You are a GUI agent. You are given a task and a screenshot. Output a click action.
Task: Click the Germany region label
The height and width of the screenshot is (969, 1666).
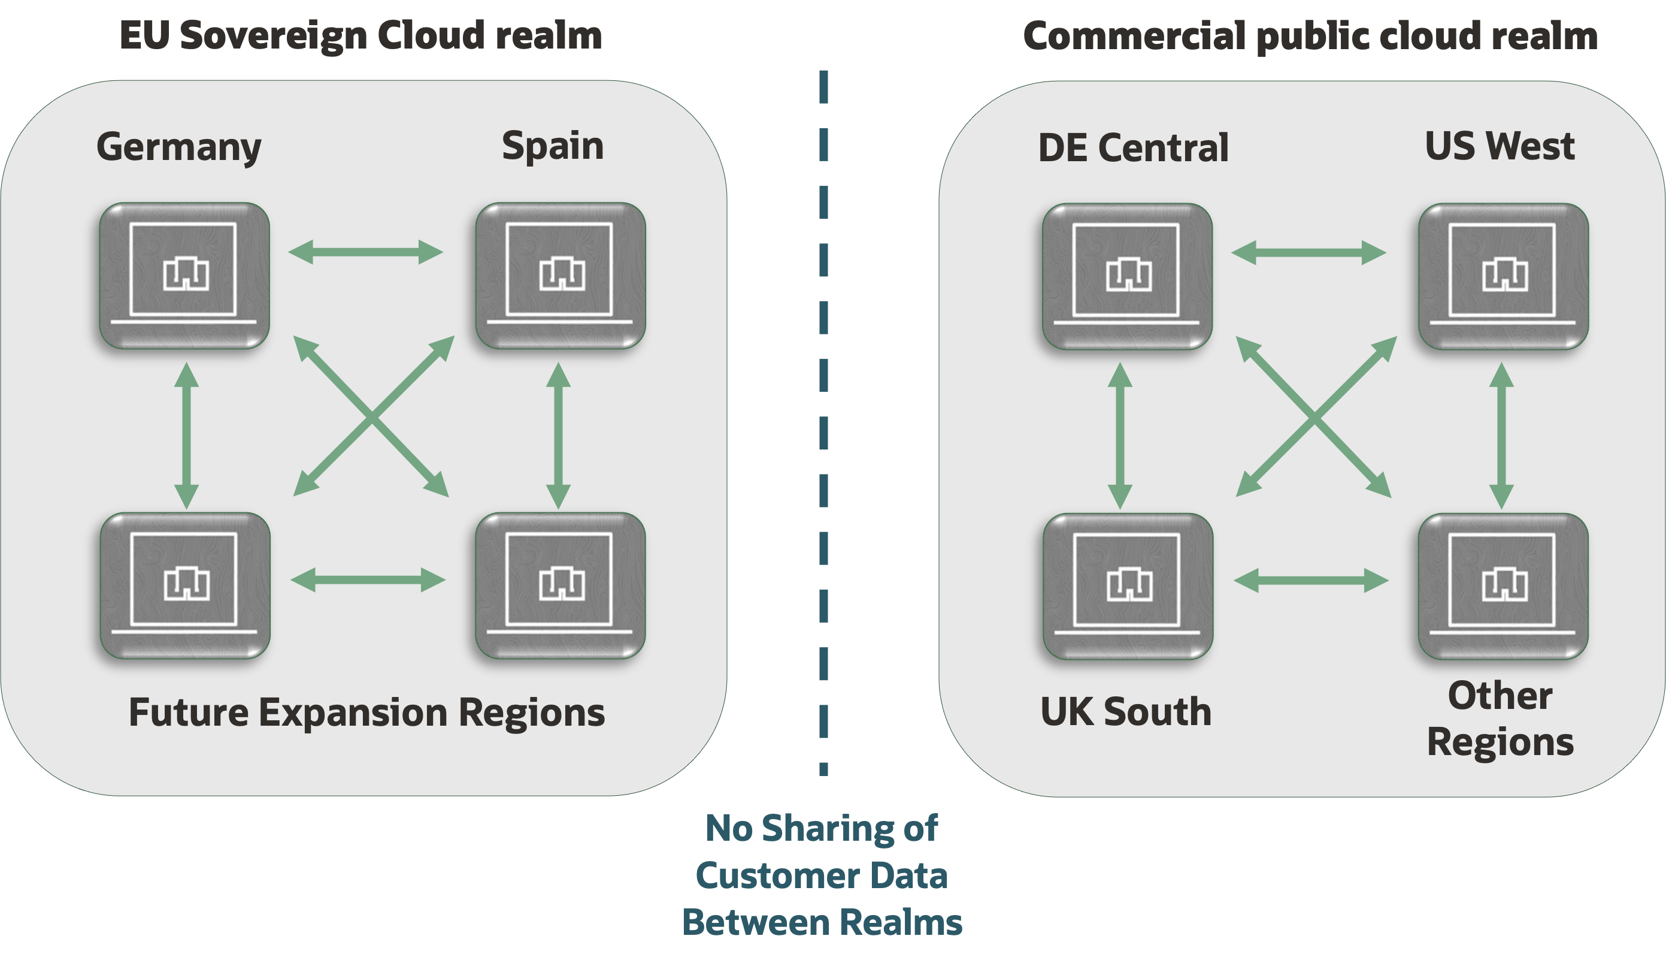[178, 147]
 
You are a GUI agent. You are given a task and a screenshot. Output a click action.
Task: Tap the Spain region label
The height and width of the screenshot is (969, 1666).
[553, 146]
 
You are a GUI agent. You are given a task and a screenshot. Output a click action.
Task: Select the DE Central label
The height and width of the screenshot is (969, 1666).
[1133, 147]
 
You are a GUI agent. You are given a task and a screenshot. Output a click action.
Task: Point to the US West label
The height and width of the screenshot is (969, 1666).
[1500, 146]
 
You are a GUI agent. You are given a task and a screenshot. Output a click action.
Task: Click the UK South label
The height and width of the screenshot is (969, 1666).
[1126, 712]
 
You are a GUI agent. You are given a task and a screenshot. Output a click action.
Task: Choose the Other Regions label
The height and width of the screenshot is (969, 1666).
[1500, 719]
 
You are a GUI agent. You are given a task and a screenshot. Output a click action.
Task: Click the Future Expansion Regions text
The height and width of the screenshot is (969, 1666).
[366, 713]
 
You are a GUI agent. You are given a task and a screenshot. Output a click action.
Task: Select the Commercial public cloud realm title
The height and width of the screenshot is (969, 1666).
[1310, 36]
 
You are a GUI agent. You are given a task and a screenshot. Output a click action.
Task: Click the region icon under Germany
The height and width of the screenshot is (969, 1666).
[184, 275]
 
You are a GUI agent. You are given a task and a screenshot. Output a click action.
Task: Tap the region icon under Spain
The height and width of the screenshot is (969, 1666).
[561, 275]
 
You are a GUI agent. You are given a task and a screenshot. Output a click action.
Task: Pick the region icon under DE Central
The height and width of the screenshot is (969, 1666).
[1127, 276]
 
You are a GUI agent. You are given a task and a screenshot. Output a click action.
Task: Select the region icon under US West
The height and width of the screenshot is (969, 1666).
[1503, 276]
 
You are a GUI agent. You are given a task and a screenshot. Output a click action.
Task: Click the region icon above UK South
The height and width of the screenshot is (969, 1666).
[1128, 585]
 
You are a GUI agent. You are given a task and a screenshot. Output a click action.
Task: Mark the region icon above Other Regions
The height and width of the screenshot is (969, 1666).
[1503, 585]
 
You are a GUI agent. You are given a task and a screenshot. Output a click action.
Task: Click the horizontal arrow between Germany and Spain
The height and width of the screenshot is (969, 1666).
[365, 252]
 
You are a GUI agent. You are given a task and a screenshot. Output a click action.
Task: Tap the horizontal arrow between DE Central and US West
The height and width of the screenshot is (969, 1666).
[1308, 253]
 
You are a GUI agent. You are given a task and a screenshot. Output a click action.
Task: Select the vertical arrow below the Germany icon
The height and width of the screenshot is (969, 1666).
[186, 435]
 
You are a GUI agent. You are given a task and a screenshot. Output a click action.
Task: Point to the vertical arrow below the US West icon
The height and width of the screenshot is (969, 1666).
[1501, 435]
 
